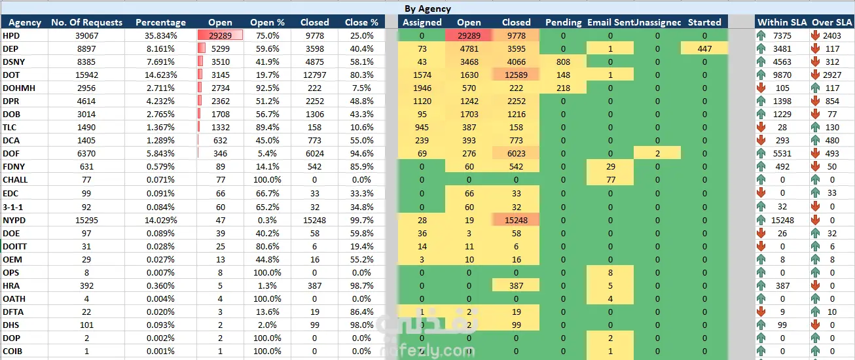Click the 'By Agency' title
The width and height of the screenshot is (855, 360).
(x=427, y=9)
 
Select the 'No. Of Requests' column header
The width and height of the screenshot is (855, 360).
(x=86, y=22)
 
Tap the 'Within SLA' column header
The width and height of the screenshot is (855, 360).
(x=781, y=22)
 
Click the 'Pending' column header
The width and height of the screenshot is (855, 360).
(x=563, y=22)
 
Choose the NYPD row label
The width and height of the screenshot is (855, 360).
(x=14, y=220)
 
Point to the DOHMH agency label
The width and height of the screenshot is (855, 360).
(x=18, y=88)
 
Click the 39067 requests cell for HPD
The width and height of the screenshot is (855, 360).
(x=86, y=36)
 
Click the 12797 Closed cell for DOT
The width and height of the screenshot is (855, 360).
(x=314, y=75)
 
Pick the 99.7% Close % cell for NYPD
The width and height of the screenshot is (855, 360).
(x=361, y=220)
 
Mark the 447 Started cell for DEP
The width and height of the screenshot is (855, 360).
(x=704, y=49)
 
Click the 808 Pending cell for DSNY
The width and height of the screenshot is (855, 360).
(x=563, y=62)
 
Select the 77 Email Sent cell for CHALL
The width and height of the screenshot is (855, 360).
(x=610, y=180)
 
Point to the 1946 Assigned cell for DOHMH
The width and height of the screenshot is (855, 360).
(x=422, y=88)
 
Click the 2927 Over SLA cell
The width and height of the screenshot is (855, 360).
(x=831, y=75)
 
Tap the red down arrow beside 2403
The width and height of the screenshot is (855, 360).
(x=816, y=36)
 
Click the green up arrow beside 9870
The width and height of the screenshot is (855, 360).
(x=762, y=75)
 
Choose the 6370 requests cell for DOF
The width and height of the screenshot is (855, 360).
(x=86, y=154)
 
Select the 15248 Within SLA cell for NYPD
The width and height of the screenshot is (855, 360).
(x=782, y=220)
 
